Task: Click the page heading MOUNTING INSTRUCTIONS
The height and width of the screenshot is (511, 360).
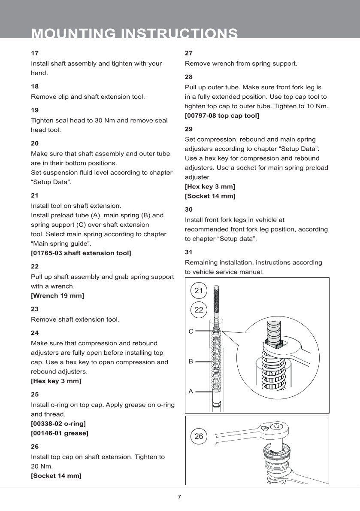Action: pyautogui.click(x=134, y=33)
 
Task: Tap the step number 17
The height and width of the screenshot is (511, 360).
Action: pyautogui.click(x=35, y=53)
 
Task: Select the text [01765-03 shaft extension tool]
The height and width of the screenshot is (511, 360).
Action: pyautogui.click(x=81, y=253)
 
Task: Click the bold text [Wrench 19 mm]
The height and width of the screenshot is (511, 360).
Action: pyautogui.click(x=57, y=295)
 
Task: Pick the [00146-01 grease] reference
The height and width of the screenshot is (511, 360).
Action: pyautogui.click(x=60, y=433)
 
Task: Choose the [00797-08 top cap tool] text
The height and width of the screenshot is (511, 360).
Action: pyautogui.click(x=222, y=116)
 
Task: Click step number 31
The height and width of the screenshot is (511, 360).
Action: pyautogui.click(x=188, y=252)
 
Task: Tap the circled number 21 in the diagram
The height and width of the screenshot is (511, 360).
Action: pyautogui.click(x=199, y=291)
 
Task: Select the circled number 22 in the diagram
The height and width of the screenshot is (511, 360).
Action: pyautogui.click(x=199, y=310)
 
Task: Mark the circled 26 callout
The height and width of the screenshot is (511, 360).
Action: pyautogui.click(x=199, y=437)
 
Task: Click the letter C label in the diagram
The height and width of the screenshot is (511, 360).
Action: pyautogui.click(x=191, y=332)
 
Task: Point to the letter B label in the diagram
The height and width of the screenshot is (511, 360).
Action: pyautogui.click(x=191, y=362)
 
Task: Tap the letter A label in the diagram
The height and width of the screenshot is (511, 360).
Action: pyautogui.click(x=191, y=392)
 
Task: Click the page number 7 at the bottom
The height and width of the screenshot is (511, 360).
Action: pyautogui.click(x=179, y=497)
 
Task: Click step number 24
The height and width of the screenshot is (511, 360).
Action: pyautogui.click(x=35, y=332)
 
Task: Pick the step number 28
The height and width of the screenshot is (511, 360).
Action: pyautogui.click(x=188, y=77)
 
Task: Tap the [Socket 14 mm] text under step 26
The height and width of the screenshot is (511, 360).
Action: pyautogui.click(x=56, y=476)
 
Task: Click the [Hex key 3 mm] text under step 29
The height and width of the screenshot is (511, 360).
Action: pyautogui.click(x=210, y=186)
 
